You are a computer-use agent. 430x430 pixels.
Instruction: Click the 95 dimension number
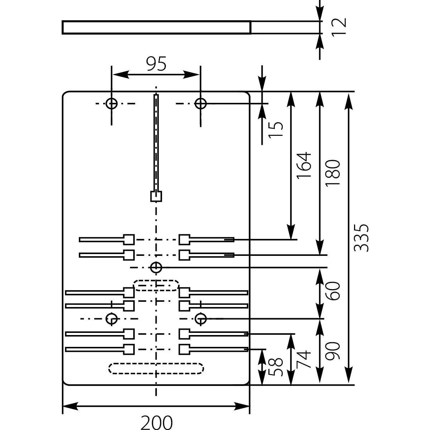pyautogui.click(x=157, y=64)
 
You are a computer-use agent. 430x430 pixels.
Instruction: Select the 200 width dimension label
pyautogui.click(x=156, y=422)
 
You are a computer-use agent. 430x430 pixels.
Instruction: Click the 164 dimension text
pyautogui.click(x=303, y=166)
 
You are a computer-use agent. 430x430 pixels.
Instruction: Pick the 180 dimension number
pyautogui.click(x=333, y=173)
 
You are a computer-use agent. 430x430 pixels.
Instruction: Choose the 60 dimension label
pyautogui.click(x=333, y=291)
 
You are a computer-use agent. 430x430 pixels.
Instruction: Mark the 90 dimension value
pyautogui.click(x=333, y=351)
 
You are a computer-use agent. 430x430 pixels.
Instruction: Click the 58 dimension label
pyautogui.click(x=277, y=367)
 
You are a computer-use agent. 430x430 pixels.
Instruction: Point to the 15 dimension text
pyautogui.click(x=277, y=129)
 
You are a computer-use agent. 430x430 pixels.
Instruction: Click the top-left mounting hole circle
pyautogui.click(x=112, y=104)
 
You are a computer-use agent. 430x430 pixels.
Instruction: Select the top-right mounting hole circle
pyautogui.click(x=201, y=104)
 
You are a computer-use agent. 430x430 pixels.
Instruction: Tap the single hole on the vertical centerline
pyautogui.click(x=156, y=267)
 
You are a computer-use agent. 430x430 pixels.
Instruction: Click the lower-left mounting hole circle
pyautogui.click(x=112, y=318)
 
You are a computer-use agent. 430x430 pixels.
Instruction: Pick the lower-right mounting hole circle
pyautogui.click(x=201, y=318)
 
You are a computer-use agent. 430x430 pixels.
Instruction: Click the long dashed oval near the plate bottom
pyautogui.click(x=156, y=368)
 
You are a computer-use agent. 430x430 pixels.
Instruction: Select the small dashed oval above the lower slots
pyautogui.click(x=156, y=285)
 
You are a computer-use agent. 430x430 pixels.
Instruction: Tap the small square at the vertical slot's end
pyautogui.click(x=156, y=196)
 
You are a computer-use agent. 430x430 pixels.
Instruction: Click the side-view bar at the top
pyautogui.click(x=156, y=28)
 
